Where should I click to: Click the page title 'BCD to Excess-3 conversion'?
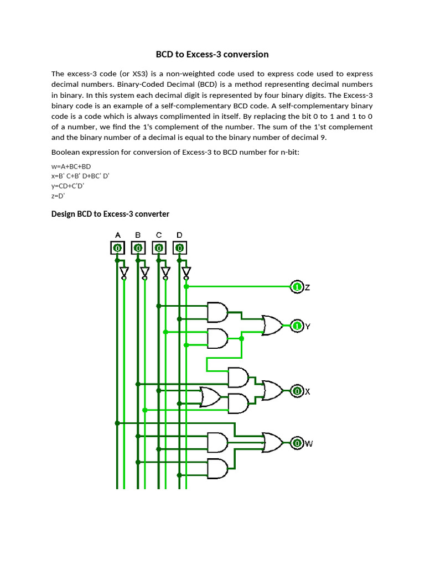coord(212,54)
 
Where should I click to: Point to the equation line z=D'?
coord(58,196)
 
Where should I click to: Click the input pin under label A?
coord(117,248)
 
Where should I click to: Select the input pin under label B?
coord(138,248)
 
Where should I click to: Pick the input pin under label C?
coord(159,248)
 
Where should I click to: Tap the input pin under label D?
coord(179,248)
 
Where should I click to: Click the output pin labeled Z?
coord(297,287)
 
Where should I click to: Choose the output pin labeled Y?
coord(297,326)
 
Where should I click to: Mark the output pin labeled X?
coord(297,391)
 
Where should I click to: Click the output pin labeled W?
coord(297,443)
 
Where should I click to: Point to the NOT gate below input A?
coord(124,272)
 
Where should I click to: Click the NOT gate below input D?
coord(186,272)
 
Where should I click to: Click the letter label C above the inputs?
coord(159,235)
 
